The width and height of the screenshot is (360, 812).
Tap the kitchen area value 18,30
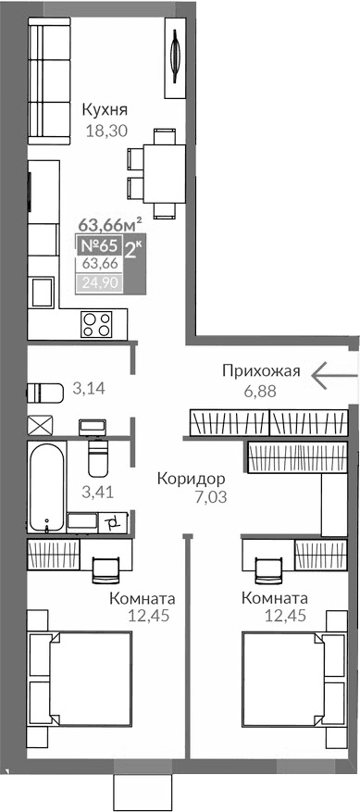(107, 132)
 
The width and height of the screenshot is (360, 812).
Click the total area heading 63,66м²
(108, 223)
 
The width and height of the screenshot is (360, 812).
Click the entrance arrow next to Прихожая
(334, 375)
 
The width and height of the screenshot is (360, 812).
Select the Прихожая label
(262, 371)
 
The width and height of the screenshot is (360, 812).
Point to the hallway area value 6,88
(262, 390)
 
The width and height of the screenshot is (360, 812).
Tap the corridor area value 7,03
(192, 497)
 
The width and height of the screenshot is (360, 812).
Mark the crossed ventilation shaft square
(42, 426)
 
